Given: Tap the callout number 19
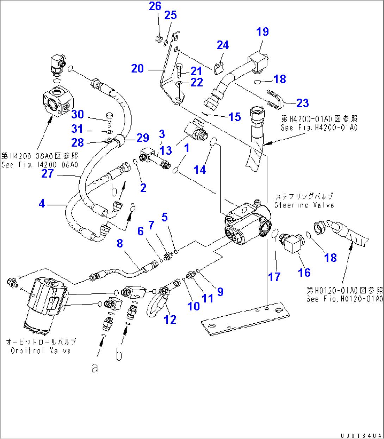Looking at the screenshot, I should pyautogui.click(x=262, y=32).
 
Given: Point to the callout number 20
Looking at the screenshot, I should pyautogui.click(x=137, y=68).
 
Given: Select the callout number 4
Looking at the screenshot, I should pyautogui.click(x=42, y=203).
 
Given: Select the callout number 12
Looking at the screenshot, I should pyautogui.click(x=171, y=320).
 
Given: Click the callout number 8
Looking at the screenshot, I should pyautogui.click(x=120, y=244).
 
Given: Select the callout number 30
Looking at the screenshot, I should pyautogui.click(x=78, y=114).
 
